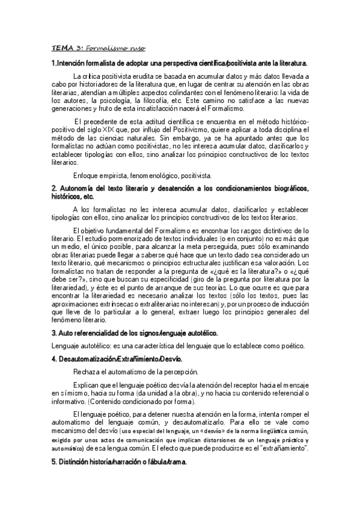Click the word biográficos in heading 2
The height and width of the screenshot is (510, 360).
tap(284, 189)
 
